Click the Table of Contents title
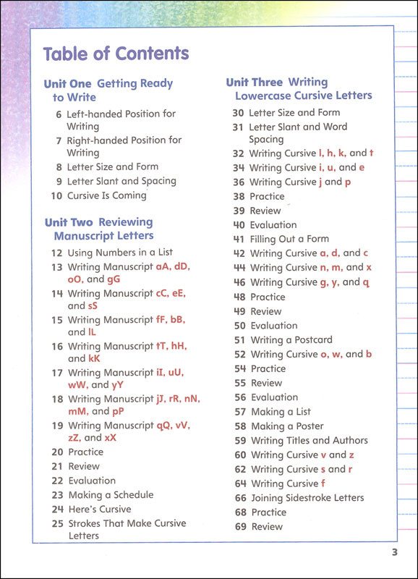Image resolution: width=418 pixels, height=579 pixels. point(116,54)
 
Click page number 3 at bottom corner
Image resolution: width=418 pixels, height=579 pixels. point(395,554)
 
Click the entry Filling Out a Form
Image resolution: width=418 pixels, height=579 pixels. point(289,239)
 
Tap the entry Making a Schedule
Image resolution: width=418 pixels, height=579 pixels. point(111,495)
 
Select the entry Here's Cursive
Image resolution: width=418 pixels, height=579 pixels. point(100,509)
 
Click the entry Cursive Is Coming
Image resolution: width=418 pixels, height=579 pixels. point(106,195)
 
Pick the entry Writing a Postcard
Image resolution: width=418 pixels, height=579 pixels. point(291,339)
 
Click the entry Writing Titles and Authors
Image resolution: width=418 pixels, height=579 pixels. point(309,440)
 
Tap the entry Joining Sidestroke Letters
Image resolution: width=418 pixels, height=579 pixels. point(307,498)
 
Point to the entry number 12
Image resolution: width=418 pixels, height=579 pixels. point(57,253)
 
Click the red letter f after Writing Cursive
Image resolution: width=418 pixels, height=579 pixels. point(323,483)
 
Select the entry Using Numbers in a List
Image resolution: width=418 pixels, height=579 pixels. point(119,253)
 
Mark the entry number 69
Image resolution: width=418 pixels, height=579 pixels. point(240,527)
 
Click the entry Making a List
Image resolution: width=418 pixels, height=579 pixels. point(281,412)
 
